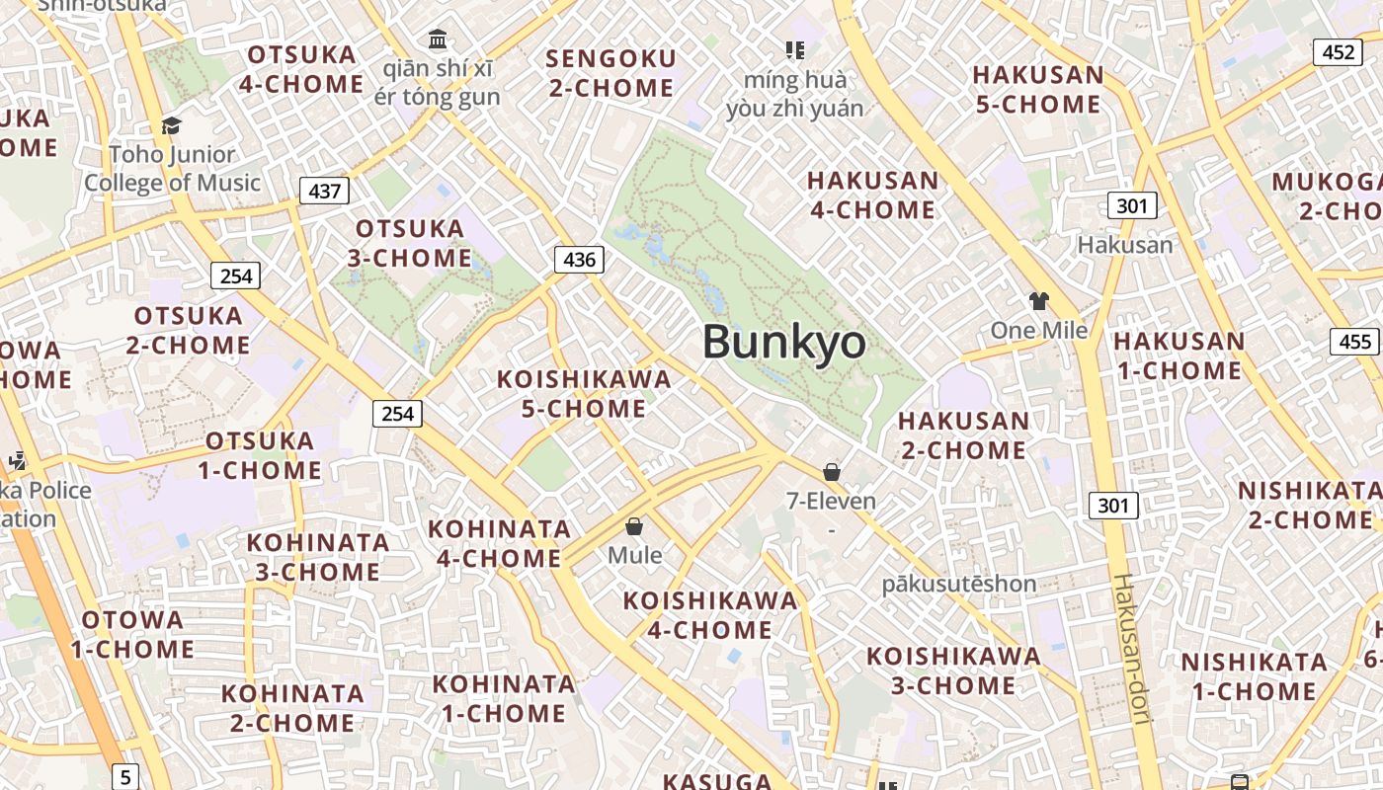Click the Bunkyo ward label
click(784, 343)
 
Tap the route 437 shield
click(324, 191)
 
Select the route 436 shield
click(579, 260)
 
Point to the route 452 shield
click(1338, 52)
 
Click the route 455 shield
click(1355, 342)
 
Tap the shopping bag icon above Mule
click(634, 526)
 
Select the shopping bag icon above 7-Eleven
click(832, 472)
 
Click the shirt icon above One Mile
click(1038, 301)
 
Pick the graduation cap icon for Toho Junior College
click(172, 125)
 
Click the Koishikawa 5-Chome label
click(584, 394)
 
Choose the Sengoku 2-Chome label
click(611, 73)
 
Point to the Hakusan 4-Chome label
click(872, 195)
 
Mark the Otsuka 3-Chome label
click(410, 243)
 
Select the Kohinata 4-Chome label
click(499, 543)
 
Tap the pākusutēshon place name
click(958, 584)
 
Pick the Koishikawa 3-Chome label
click(953, 671)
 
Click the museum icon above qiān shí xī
click(438, 39)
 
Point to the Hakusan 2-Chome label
click(963, 434)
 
